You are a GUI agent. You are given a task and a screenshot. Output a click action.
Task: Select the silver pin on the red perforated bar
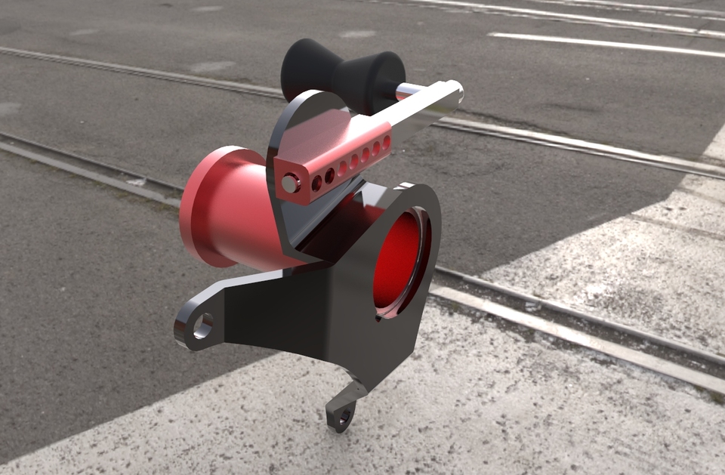pyautogui.click(x=290, y=182)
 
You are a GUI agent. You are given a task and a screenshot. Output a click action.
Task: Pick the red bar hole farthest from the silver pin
pyautogui.click(x=387, y=140)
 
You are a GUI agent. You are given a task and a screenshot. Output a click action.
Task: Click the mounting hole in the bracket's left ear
pyautogui.click(x=202, y=325)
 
